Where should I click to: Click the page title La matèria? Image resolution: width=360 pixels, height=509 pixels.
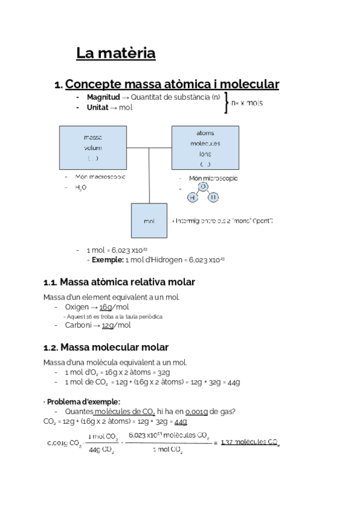point(116,53)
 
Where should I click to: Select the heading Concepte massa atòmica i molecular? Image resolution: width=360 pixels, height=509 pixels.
point(172,85)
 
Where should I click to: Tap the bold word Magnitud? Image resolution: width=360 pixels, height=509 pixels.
point(103,97)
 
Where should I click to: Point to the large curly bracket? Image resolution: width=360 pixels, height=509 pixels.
point(226,103)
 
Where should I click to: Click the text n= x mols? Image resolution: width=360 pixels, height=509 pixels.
point(247,103)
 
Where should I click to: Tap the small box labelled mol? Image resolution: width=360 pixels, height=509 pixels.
point(149,221)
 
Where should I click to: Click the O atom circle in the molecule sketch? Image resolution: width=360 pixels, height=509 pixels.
point(203,187)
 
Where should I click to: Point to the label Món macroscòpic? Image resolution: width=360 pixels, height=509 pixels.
point(100,177)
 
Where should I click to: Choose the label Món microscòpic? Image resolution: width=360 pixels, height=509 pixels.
point(213,178)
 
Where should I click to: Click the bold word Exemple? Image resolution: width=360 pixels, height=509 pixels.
point(107,260)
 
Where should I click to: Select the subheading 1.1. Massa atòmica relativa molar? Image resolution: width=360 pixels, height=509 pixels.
point(119,282)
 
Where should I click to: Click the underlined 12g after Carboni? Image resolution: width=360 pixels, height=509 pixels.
point(108,325)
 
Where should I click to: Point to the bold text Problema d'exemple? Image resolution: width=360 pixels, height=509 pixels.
point(83,402)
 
